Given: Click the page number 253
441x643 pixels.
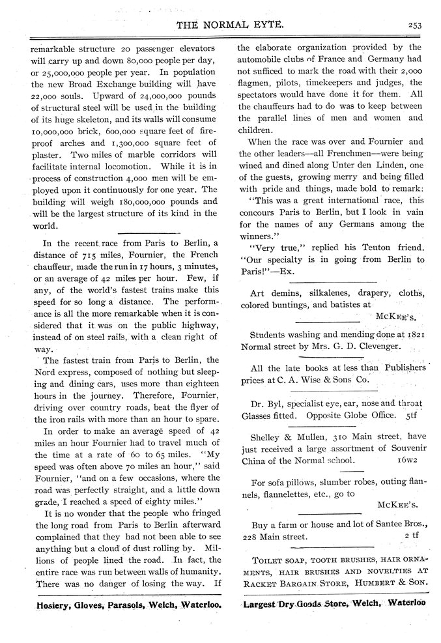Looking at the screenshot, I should [x=417, y=25].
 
